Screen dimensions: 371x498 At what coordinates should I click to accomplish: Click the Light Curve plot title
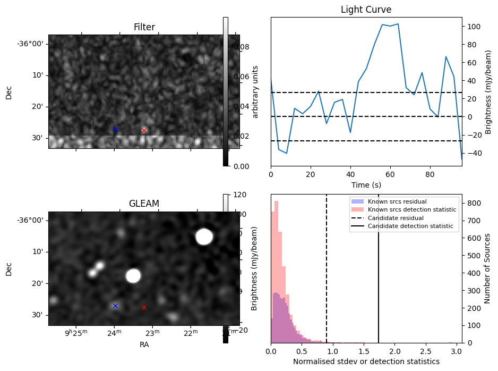366,10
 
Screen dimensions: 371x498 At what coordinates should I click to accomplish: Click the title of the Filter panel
144,27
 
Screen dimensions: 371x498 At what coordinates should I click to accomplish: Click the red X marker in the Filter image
144,130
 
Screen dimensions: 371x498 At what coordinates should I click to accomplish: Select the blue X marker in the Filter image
115,129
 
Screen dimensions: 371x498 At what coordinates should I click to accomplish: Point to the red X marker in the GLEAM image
144,307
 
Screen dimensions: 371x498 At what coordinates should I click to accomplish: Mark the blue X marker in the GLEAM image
115,306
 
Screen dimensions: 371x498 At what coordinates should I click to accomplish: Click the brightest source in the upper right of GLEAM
204,237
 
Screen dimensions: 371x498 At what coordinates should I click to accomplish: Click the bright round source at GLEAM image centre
133,275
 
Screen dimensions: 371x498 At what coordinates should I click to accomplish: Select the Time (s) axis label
366,185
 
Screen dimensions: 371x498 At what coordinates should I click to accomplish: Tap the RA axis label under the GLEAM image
144,344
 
